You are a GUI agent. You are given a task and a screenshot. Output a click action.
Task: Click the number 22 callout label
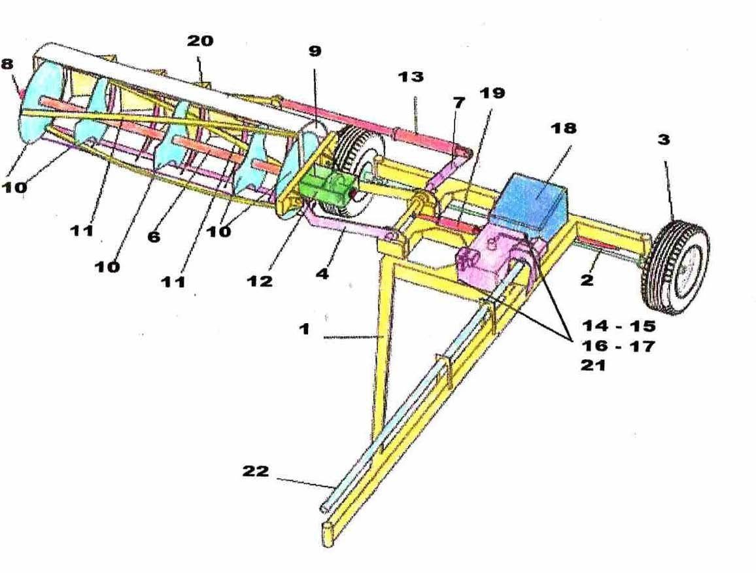point(256,471)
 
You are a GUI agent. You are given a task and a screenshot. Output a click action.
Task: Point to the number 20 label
point(200,41)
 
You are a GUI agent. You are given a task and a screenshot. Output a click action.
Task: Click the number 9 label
point(315,51)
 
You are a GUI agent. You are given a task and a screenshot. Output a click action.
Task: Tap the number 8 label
point(7,64)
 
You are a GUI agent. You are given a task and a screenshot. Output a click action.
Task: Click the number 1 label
point(304,328)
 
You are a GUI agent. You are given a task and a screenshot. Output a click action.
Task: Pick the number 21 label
point(593,366)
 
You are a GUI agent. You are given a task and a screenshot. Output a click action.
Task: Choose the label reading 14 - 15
point(618,325)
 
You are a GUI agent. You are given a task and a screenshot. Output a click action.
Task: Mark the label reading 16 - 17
point(618,345)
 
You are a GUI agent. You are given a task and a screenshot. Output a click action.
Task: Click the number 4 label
point(322,273)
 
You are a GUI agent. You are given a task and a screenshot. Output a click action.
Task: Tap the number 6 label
point(154,237)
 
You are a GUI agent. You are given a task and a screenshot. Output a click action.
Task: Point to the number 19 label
point(492,93)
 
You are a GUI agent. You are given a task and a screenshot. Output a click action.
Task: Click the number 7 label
point(459,102)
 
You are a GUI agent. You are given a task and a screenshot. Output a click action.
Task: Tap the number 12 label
point(260,281)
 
